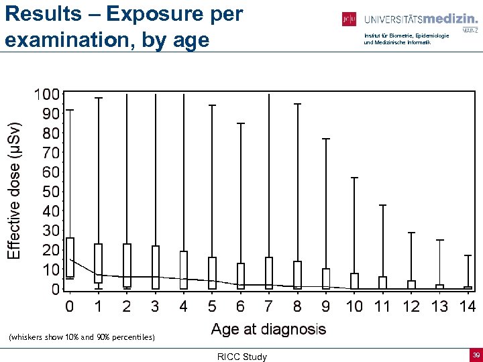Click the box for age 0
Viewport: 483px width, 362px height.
tap(70, 258)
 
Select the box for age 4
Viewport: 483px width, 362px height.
tap(184, 270)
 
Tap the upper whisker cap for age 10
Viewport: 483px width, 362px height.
tap(354, 178)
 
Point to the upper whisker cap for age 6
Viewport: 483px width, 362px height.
tap(241, 123)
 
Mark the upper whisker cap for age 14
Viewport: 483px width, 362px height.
tap(468, 255)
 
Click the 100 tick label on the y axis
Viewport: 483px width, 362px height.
tap(46, 95)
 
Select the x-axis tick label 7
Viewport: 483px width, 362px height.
tap(269, 307)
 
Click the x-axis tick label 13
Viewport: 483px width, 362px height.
tap(439, 307)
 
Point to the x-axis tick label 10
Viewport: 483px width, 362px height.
tap(354, 307)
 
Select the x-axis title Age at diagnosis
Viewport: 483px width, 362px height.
tap(268, 329)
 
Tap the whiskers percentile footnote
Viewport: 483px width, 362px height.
tap(82, 337)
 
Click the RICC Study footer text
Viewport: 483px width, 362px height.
tap(241, 357)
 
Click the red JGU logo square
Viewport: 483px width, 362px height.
tap(349, 19)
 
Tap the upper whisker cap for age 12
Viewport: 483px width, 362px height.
tap(411, 233)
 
